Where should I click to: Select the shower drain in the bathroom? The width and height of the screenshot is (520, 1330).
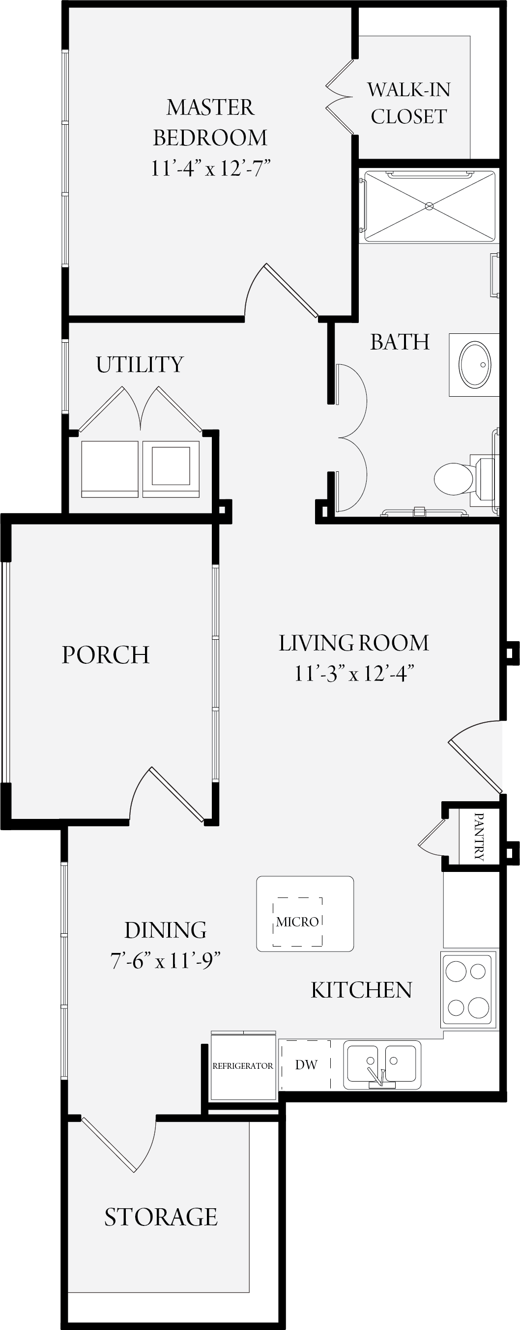tap(429, 206)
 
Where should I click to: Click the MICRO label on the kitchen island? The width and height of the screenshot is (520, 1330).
tap(297, 922)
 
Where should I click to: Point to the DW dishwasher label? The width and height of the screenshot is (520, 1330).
tap(306, 1064)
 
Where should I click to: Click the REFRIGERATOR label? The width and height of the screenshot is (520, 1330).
tap(242, 1066)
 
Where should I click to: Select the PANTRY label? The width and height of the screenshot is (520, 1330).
tap(479, 836)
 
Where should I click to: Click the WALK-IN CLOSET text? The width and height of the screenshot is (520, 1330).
tap(409, 103)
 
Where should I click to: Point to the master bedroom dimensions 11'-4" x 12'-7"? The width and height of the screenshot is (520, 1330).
tap(211, 168)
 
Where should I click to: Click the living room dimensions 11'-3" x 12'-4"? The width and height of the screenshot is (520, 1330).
tap(354, 673)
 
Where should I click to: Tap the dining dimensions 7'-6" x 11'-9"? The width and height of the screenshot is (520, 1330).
tap(166, 961)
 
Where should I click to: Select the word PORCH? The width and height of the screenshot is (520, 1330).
tap(106, 654)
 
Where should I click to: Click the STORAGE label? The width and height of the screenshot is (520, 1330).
tap(161, 1217)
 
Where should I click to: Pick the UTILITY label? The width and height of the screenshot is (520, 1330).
tap(140, 364)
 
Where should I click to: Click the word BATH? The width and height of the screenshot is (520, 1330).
tap(400, 342)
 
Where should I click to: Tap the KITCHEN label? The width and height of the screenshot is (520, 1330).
tap(361, 990)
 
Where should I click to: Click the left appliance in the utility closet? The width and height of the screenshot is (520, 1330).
tap(110, 469)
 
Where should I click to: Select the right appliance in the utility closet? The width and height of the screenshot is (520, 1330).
tap(171, 469)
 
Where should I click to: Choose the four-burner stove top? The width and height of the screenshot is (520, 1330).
tap(468, 989)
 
